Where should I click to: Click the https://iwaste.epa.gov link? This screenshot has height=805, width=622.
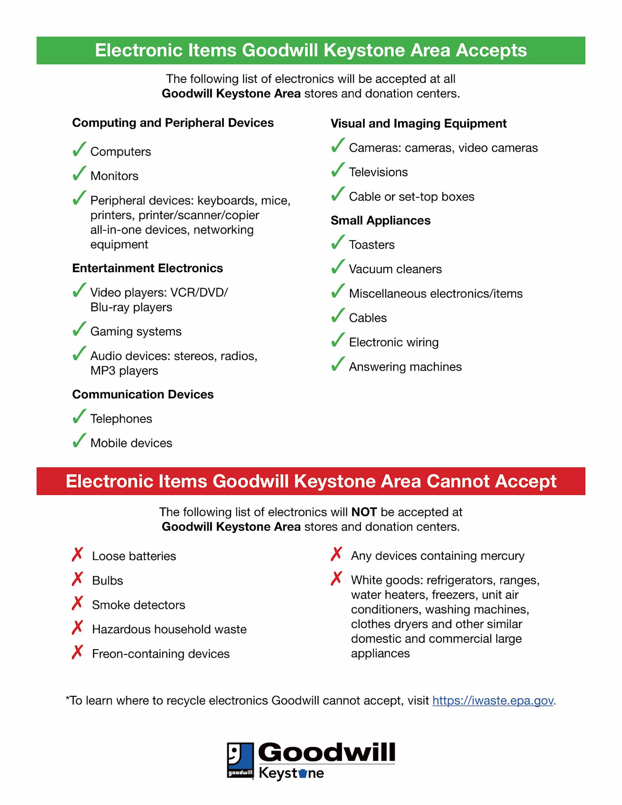[x=492, y=701]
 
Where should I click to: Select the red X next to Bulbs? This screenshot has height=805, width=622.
[x=77, y=579]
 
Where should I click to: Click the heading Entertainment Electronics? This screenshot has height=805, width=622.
[x=147, y=268]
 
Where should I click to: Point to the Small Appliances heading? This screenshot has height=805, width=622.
[x=380, y=221]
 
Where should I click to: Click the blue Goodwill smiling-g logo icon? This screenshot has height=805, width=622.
[x=240, y=760]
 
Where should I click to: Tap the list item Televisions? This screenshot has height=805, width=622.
[x=378, y=172]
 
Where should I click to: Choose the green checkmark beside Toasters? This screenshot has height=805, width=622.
[x=338, y=242]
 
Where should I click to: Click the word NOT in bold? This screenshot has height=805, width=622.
[x=364, y=512]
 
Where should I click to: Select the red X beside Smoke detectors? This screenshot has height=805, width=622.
[x=77, y=603]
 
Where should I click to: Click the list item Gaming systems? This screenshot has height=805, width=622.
[x=136, y=332]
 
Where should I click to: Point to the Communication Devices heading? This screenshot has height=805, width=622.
[x=143, y=394]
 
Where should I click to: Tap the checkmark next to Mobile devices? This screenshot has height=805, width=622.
[x=79, y=441]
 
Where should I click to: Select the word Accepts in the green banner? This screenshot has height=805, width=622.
[x=491, y=51]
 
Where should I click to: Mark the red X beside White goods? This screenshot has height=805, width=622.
[x=336, y=578]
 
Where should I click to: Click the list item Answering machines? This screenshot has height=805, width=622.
[x=405, y=367]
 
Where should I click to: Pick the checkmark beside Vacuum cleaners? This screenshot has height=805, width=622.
[x=338, y=267]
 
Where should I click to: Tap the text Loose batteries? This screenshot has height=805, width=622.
[x=134, y=556]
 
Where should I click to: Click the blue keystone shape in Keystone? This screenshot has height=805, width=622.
[x=303, y=773]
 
